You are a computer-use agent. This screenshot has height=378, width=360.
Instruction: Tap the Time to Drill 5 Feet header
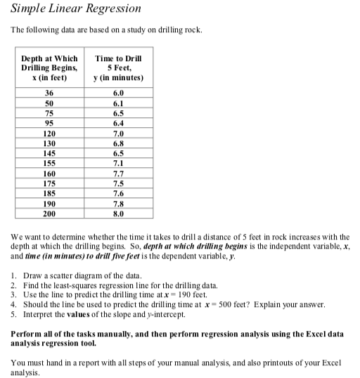coord(118,67)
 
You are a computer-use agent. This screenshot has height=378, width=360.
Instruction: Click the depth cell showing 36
coord(49,93)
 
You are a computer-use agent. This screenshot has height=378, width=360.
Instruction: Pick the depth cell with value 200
coord(49,213)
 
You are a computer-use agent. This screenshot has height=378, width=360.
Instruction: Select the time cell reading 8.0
coord(118,213)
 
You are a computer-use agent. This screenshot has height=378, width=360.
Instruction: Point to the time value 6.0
coord(118,93)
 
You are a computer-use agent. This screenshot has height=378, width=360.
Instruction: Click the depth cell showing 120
coord(49,133)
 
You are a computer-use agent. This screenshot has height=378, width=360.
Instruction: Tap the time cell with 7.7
coord(118,173)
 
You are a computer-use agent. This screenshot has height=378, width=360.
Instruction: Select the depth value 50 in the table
coord(49,103)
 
